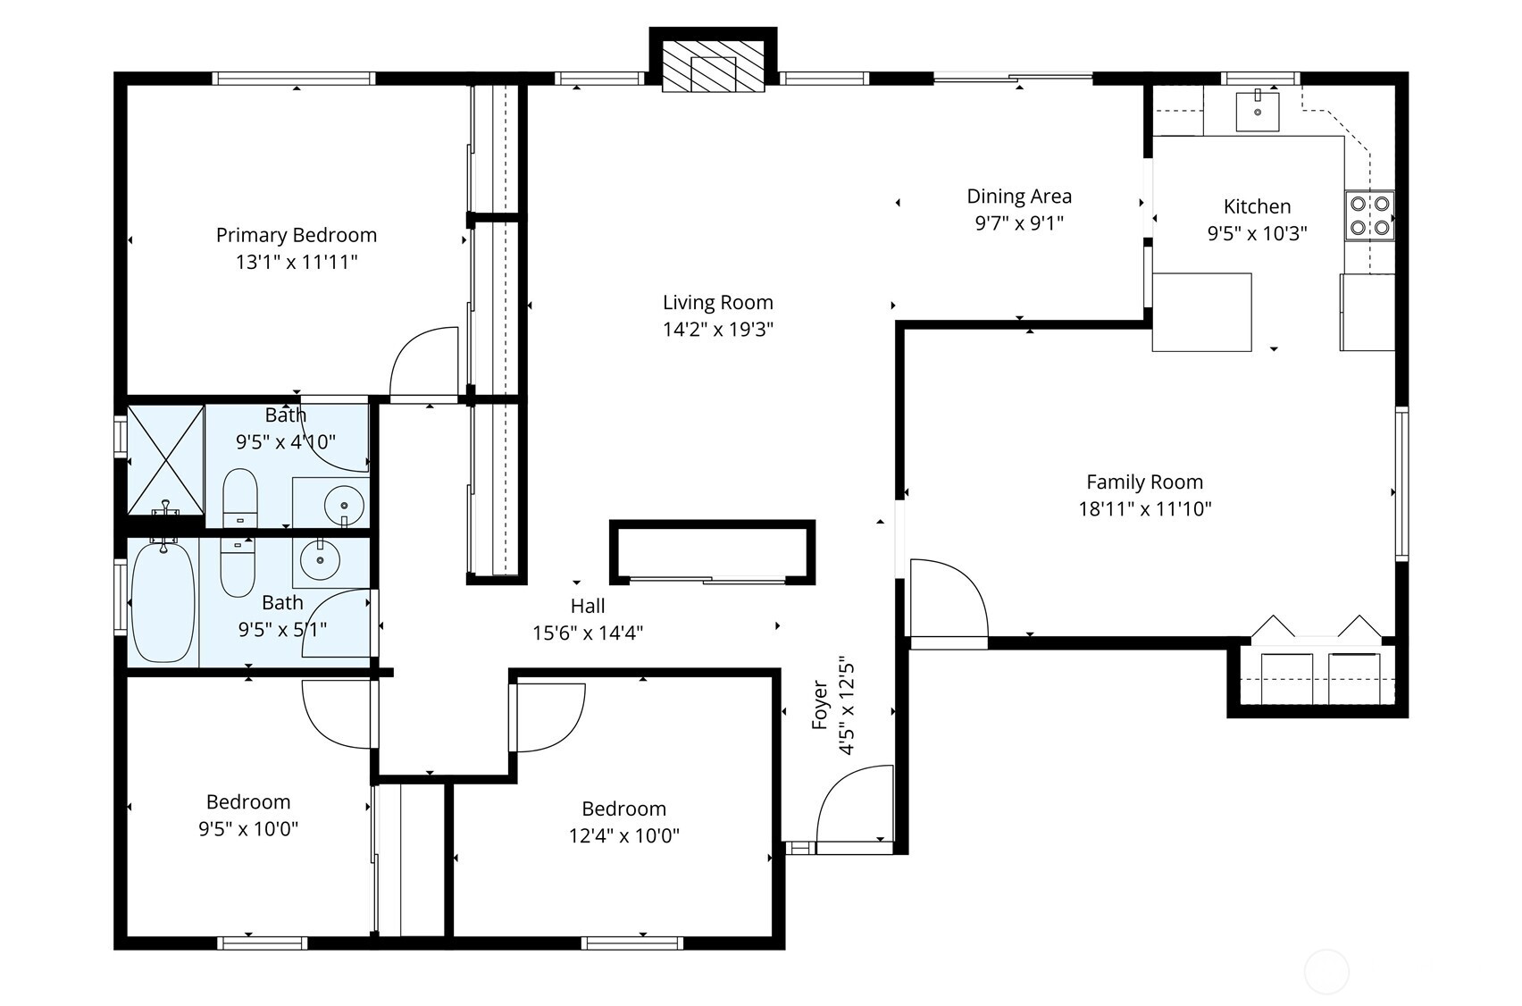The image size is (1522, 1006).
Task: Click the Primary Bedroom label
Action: (x=296, y=235)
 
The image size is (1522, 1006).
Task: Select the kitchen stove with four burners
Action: (x=1369, y=215)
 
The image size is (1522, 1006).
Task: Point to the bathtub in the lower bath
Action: (x=163, y=600)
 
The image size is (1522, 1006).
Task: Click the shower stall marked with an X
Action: (x=166, y=459)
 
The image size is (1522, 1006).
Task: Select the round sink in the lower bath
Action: (x=319, y=561)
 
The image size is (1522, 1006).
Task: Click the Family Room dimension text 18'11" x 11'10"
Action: (x=1144, y=509)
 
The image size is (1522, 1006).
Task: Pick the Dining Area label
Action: (x=1019, y=197)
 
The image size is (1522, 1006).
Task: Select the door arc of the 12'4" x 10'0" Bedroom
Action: (x=548, y=717)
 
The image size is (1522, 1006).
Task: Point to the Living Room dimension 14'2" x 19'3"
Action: (x=717, y=330)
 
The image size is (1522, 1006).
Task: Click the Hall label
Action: (x=588, y=606)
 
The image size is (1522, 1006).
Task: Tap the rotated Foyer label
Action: (x=820, y=705)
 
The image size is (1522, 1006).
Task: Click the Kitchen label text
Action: (x=1257, y=206)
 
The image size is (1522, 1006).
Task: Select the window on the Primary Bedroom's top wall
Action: (x=294, y=79)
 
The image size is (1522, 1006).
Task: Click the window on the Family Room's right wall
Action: (x=1401, y=483)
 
